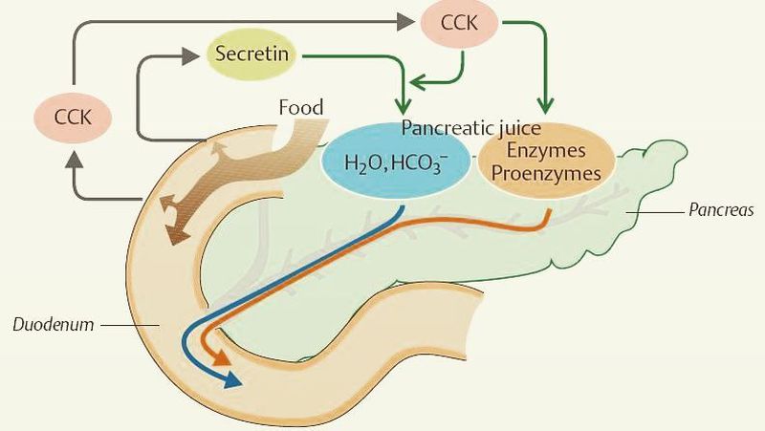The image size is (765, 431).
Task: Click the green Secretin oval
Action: click(x=253, y=56)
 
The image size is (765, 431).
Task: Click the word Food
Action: click(x=302, y=105)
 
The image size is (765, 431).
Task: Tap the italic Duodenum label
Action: click(x=54, y=324)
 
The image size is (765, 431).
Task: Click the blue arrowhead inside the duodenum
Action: click(x=231, y=381)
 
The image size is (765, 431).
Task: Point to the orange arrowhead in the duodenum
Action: click(x=223, y=358)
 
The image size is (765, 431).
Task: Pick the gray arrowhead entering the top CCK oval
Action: click(x=414, y=20)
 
